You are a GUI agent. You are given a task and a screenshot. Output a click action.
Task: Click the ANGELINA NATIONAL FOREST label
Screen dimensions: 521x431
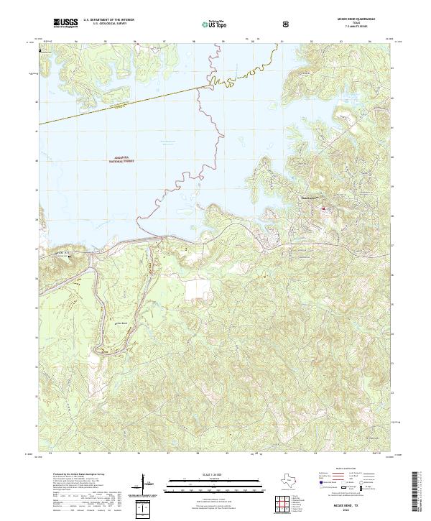click(121, 161)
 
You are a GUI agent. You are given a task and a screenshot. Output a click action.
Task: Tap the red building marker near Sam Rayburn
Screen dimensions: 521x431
click(323, 209)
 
